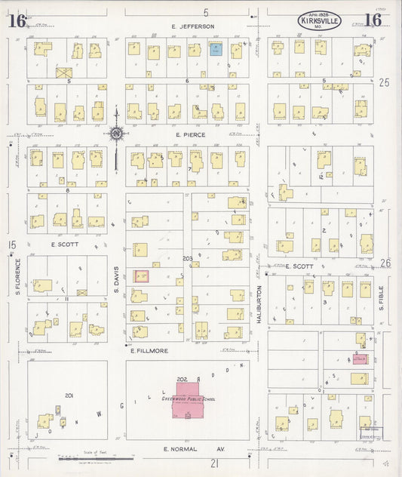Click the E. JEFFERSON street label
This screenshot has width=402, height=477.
[192, 26]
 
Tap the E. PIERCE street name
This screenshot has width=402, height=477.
[193, 134]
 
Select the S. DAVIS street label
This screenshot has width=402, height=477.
[117, 283]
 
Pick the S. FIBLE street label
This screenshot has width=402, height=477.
[382, 298]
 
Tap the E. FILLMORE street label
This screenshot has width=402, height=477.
[153, 350]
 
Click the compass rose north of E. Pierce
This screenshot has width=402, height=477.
[116, 134]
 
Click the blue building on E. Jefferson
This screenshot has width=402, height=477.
[215, 50]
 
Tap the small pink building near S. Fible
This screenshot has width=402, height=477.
[360, 359]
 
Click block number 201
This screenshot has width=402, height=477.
[69, 395]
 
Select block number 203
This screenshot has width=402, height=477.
[187, 258]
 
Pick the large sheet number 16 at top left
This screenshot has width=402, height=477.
[17, 20]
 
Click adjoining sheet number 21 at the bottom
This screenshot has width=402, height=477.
[214, 463]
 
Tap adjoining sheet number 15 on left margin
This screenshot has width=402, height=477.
[11, 245]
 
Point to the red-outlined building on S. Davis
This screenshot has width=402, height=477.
[141, 276]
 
